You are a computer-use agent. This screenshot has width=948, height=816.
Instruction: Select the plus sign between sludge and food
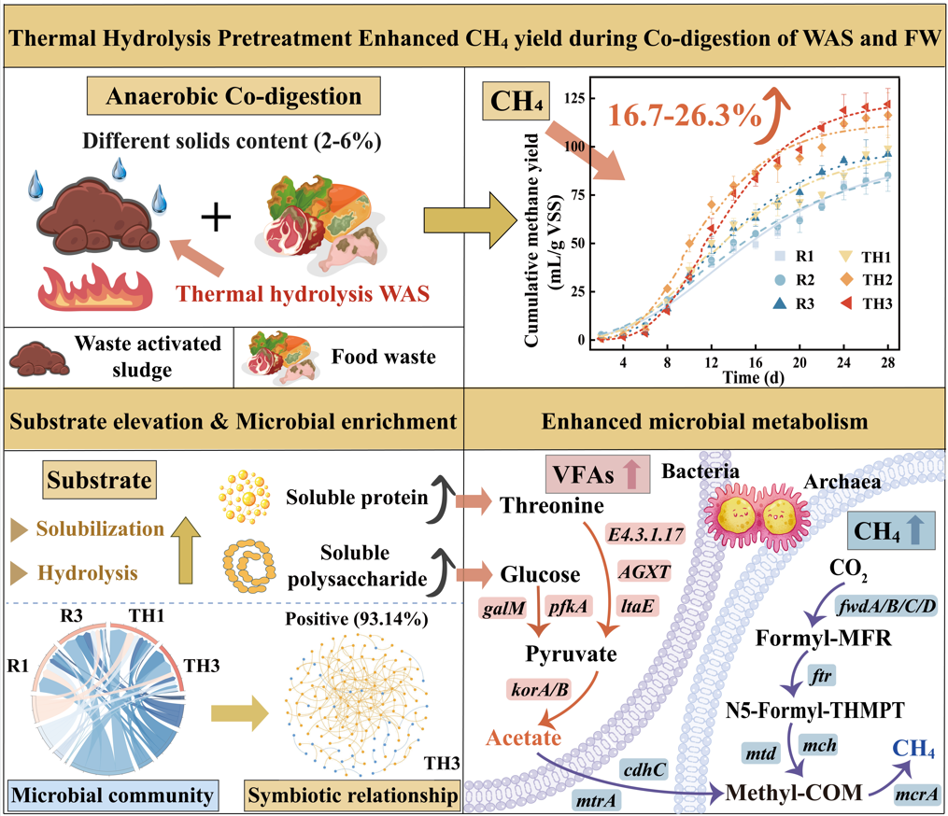click(x=216, y=218)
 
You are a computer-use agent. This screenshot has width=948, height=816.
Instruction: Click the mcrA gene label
click(x=913, y=795)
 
